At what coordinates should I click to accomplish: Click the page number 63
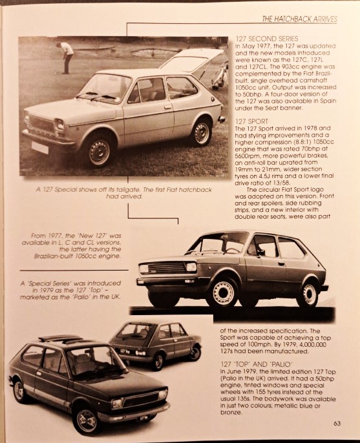coord(337,424)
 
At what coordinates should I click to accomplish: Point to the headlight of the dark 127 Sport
coord(191,267)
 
